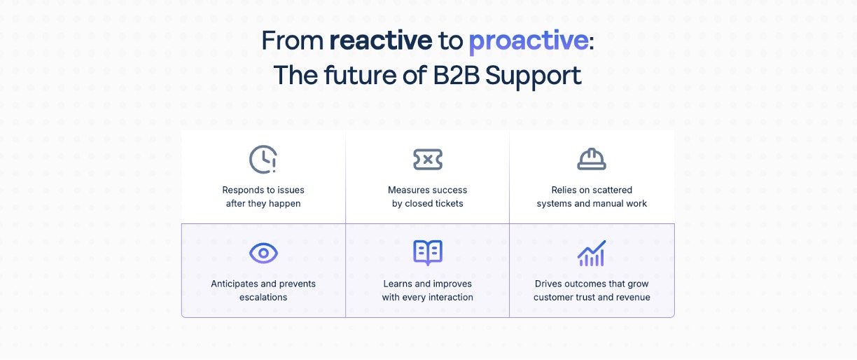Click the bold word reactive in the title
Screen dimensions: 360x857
[381, 41]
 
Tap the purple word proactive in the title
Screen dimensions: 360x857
[528, 41]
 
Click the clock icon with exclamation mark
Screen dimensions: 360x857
[263, 160]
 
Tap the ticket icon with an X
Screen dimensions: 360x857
[428, 160]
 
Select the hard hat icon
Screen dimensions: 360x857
[592, 160]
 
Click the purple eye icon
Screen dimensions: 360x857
[263, 253]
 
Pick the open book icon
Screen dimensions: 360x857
[428, 253]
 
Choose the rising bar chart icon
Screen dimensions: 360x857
[592, 253]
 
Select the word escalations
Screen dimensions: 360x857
[263, 298]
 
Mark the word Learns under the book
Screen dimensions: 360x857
[398, 284]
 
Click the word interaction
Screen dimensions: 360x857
[449, 298]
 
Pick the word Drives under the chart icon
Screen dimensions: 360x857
[548, 284]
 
